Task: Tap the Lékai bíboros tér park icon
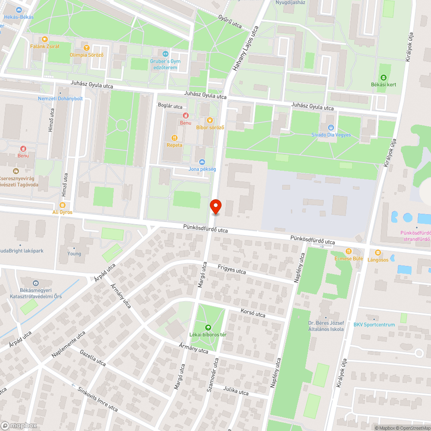(x=208, y=328)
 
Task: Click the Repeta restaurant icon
(x=175, y=138)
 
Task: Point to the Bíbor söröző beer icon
(x=210, y=120)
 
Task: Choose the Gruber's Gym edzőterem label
(x=165, y=64)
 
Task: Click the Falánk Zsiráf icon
(x=45, y=39)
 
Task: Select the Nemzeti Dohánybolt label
(x=60, y=98)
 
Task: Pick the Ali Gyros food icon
(x=62, y=205)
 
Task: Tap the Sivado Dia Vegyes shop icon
(x=331, y=128)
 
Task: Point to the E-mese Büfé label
(x=349, y=259)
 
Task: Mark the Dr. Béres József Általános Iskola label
(x=326, y=326)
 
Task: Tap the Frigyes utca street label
(x=231, y=269)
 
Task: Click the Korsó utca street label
(x=253, y=313)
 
